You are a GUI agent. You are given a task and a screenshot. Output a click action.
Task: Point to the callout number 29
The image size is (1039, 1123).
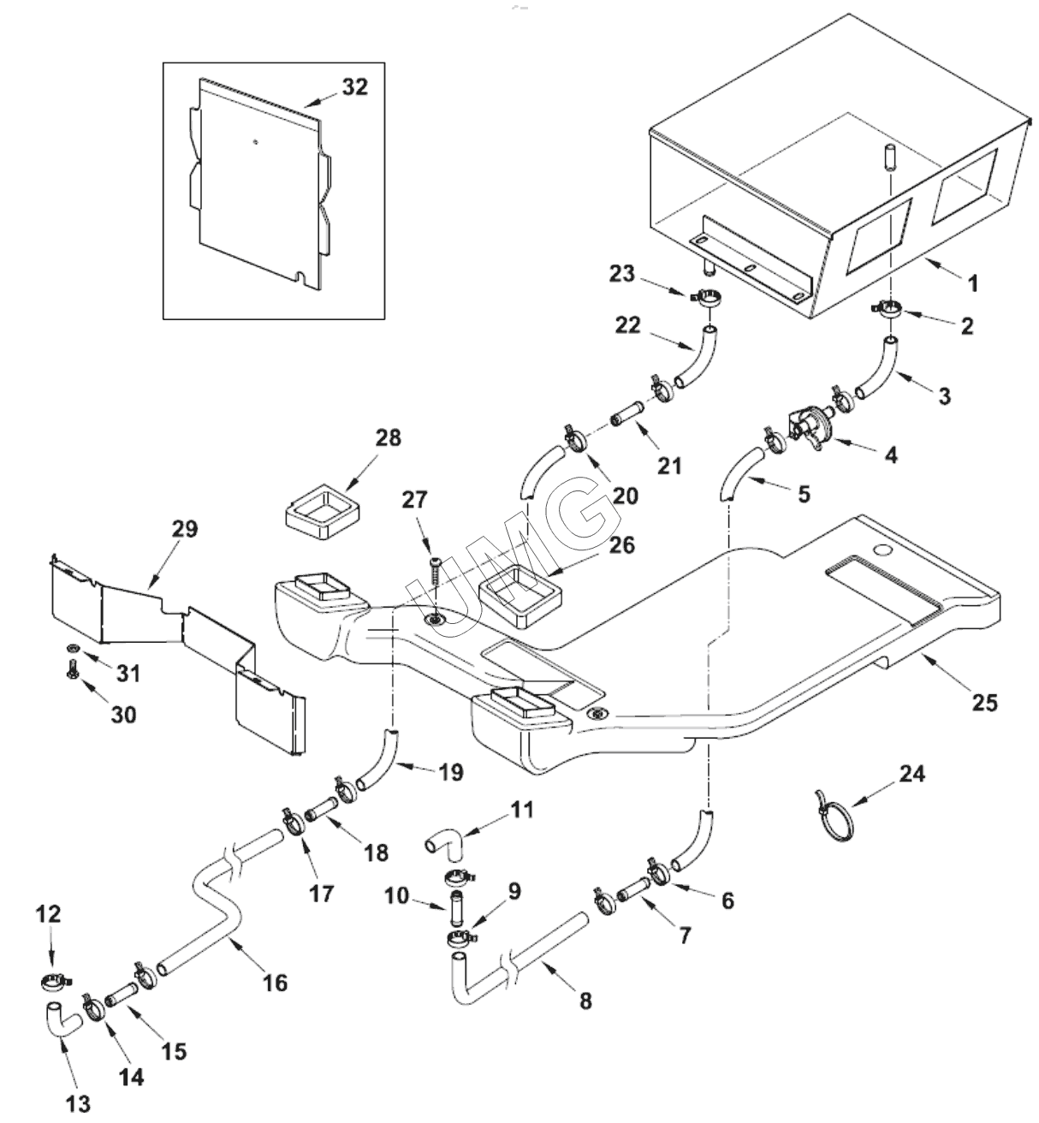point(184,529)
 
